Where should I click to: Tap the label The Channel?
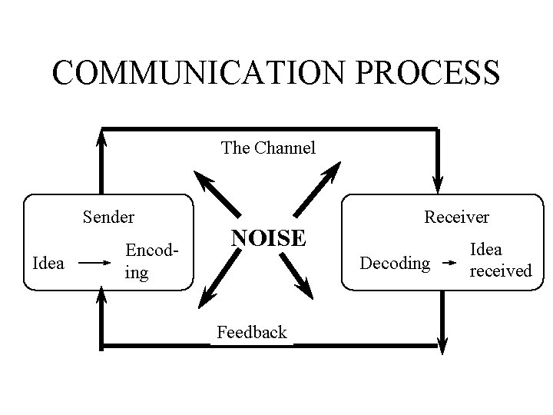[268, 148]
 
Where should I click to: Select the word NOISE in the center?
[269, 238]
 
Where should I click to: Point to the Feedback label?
[251, 333]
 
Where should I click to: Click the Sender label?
[108, 217]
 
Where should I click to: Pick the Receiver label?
[457, 217]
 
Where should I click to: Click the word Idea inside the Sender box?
[49, 264]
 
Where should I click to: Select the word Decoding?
[395, 264]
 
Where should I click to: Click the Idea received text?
[500, 260]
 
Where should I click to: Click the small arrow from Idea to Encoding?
[95, 263]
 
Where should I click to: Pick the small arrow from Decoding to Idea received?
[452, 264]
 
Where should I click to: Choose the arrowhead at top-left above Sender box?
[101, 137]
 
